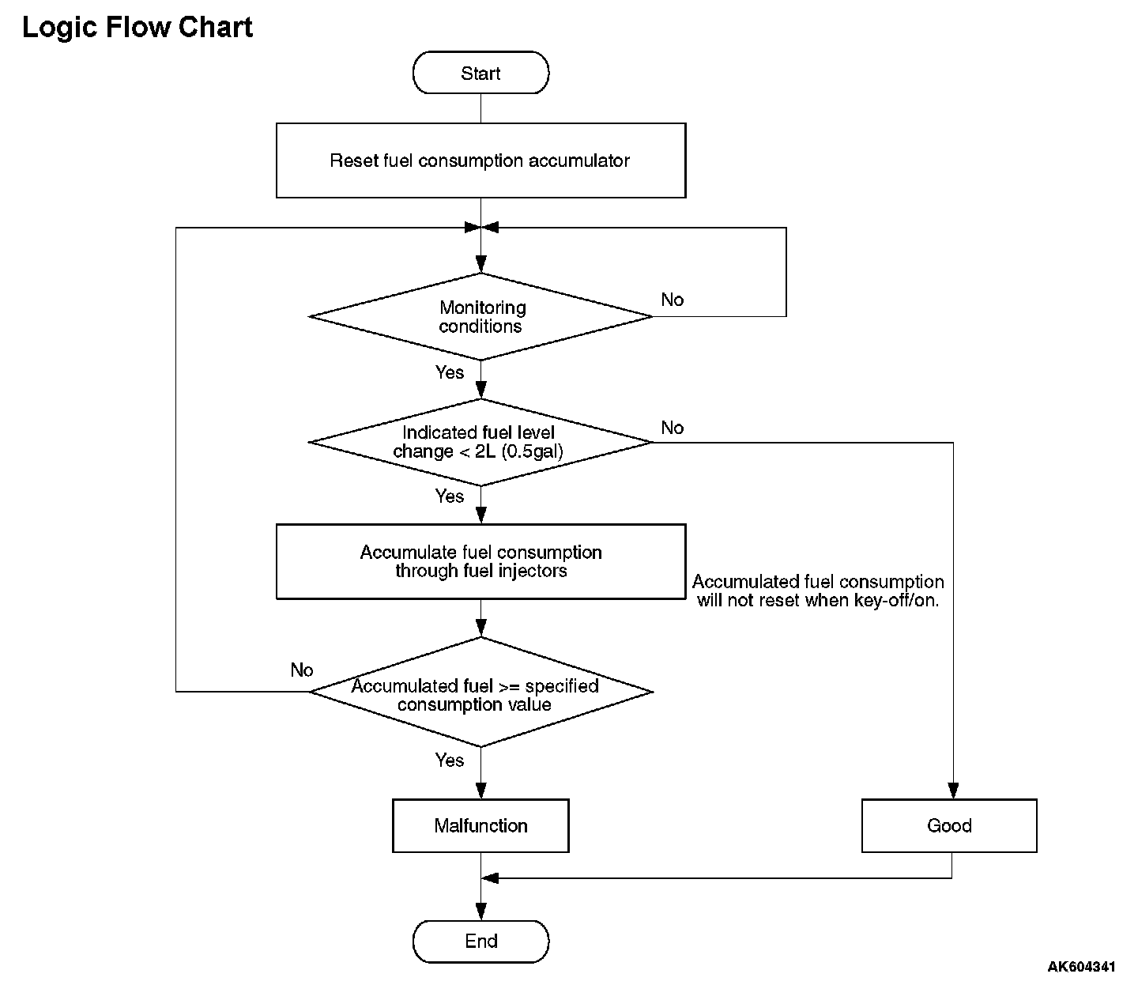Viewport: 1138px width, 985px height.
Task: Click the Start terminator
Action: click(x=480, y=73)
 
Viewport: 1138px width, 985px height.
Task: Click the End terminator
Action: click(x=480, y=941)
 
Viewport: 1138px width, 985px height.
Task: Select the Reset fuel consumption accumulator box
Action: click(x=480, y=160)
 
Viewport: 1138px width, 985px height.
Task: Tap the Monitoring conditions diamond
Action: click(x=480, y=317)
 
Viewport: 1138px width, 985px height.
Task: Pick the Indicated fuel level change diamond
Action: click(x=480, y=443)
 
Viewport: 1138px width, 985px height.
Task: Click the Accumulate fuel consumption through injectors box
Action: click(x=480, y=561)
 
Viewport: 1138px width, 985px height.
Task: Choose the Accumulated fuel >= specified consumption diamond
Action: click(x=480, y=692)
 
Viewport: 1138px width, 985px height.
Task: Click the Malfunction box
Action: click(x=480, y=826)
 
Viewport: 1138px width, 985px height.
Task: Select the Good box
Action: click(x=949, y=826)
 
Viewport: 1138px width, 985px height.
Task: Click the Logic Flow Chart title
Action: click(x=137, y=27)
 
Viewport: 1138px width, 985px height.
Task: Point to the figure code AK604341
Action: click(x=1081, y=966)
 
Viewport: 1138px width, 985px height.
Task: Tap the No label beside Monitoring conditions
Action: click(x=673, y=300)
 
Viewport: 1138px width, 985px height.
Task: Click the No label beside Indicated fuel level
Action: click(x=673, y=428)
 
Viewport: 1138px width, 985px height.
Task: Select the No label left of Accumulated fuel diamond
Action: click(x=302, y=670)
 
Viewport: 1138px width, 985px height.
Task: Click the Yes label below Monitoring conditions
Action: click(x=449, y=372)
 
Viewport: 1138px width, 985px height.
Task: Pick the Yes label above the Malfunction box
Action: click(x=449, y=760)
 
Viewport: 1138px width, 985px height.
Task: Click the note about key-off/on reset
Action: click(x=818, y=591)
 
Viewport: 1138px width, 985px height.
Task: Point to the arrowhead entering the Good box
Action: click(x=953, y=791)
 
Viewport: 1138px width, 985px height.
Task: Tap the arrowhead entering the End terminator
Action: click(x=480, y=911)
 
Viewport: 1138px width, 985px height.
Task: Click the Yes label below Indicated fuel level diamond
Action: click(x=449, y=496)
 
